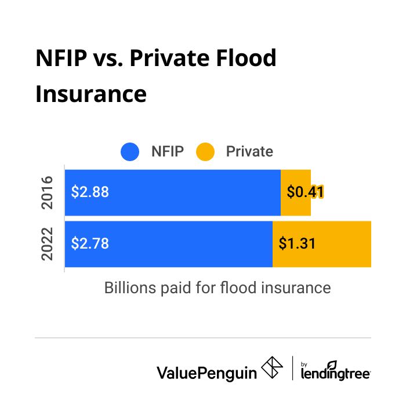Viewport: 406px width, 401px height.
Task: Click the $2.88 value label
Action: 90,192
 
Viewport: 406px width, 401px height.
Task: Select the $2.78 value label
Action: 90,243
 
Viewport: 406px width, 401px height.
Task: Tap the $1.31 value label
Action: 297,243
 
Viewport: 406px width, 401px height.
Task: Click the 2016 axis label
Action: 49,192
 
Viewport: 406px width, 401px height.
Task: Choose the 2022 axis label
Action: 49,243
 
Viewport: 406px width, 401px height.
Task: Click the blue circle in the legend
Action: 130,152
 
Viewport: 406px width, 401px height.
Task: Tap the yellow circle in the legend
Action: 205,152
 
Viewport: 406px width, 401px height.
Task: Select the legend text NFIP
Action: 167,152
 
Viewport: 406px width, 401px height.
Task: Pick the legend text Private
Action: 249,152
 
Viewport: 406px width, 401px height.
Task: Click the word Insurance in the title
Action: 90,93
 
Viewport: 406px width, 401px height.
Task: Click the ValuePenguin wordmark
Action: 206,372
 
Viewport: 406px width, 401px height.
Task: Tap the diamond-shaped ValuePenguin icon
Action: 273,369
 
